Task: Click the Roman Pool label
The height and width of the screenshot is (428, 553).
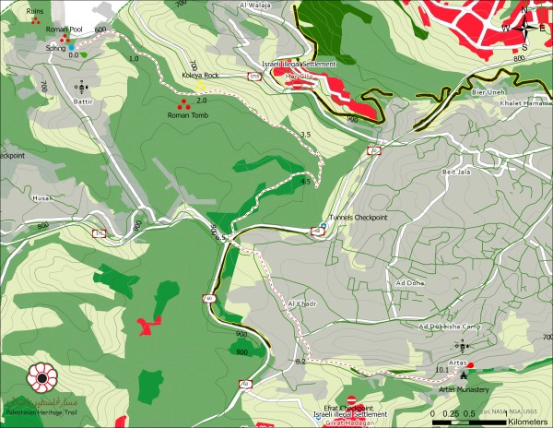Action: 64,30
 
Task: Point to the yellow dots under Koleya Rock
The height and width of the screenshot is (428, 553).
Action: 200,85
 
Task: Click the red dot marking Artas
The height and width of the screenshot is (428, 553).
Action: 471,365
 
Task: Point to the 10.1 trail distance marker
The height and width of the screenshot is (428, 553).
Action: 441,369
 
